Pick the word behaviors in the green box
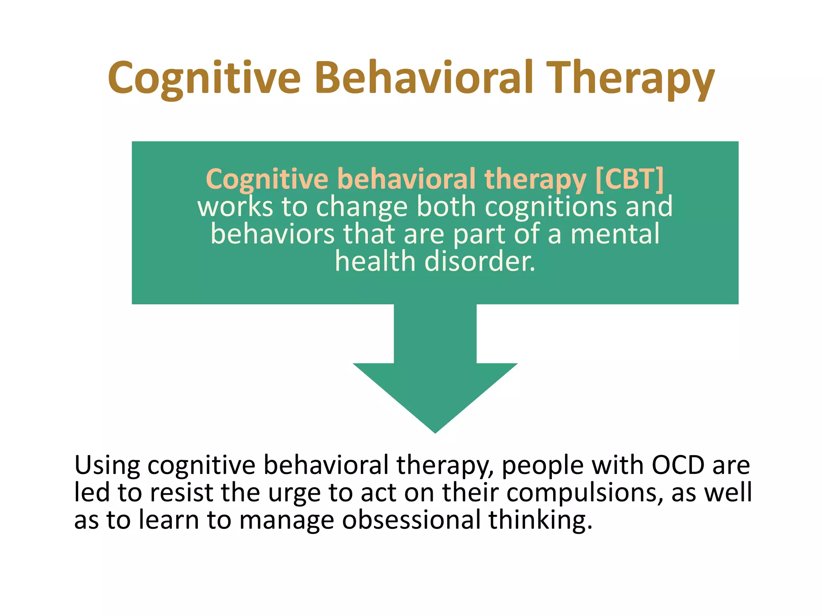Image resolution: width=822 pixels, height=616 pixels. click(x=273, y=234)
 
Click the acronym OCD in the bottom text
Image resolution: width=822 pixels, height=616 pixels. click(x=678, y=465)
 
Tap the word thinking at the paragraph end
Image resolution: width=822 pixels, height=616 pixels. click(x=540, y=521)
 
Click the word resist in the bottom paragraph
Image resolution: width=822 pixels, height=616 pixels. click(x=181, y=492)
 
